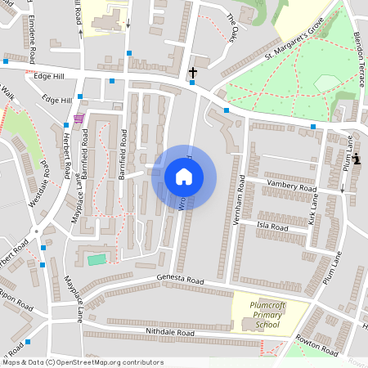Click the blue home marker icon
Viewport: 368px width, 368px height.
pyautogui.click(x=184, y=176)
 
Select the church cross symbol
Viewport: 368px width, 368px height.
pyautogui.click(x=193, y=74)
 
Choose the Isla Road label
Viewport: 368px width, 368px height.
pyautogui.click(x=273, y=227)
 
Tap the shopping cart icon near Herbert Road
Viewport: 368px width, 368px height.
pyautogui.click(x=78, y=119)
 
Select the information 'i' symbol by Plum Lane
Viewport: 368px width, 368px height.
pyautogui.click(x=357, y=158)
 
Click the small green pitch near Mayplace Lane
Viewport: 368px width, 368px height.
pyautogui.click(x=96, y=259)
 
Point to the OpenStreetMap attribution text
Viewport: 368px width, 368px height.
pyautogui.click(x=82, y=361)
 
